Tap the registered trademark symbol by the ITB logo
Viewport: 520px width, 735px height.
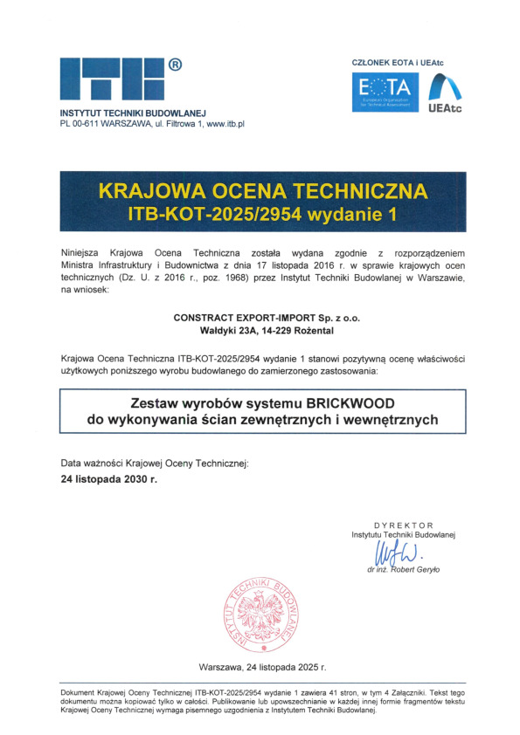click(176, 65)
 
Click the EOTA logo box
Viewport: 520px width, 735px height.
click(385, 93)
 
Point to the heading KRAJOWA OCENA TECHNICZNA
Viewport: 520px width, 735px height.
click(263, 190)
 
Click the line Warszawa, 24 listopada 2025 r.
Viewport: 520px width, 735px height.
click(262, 667)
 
